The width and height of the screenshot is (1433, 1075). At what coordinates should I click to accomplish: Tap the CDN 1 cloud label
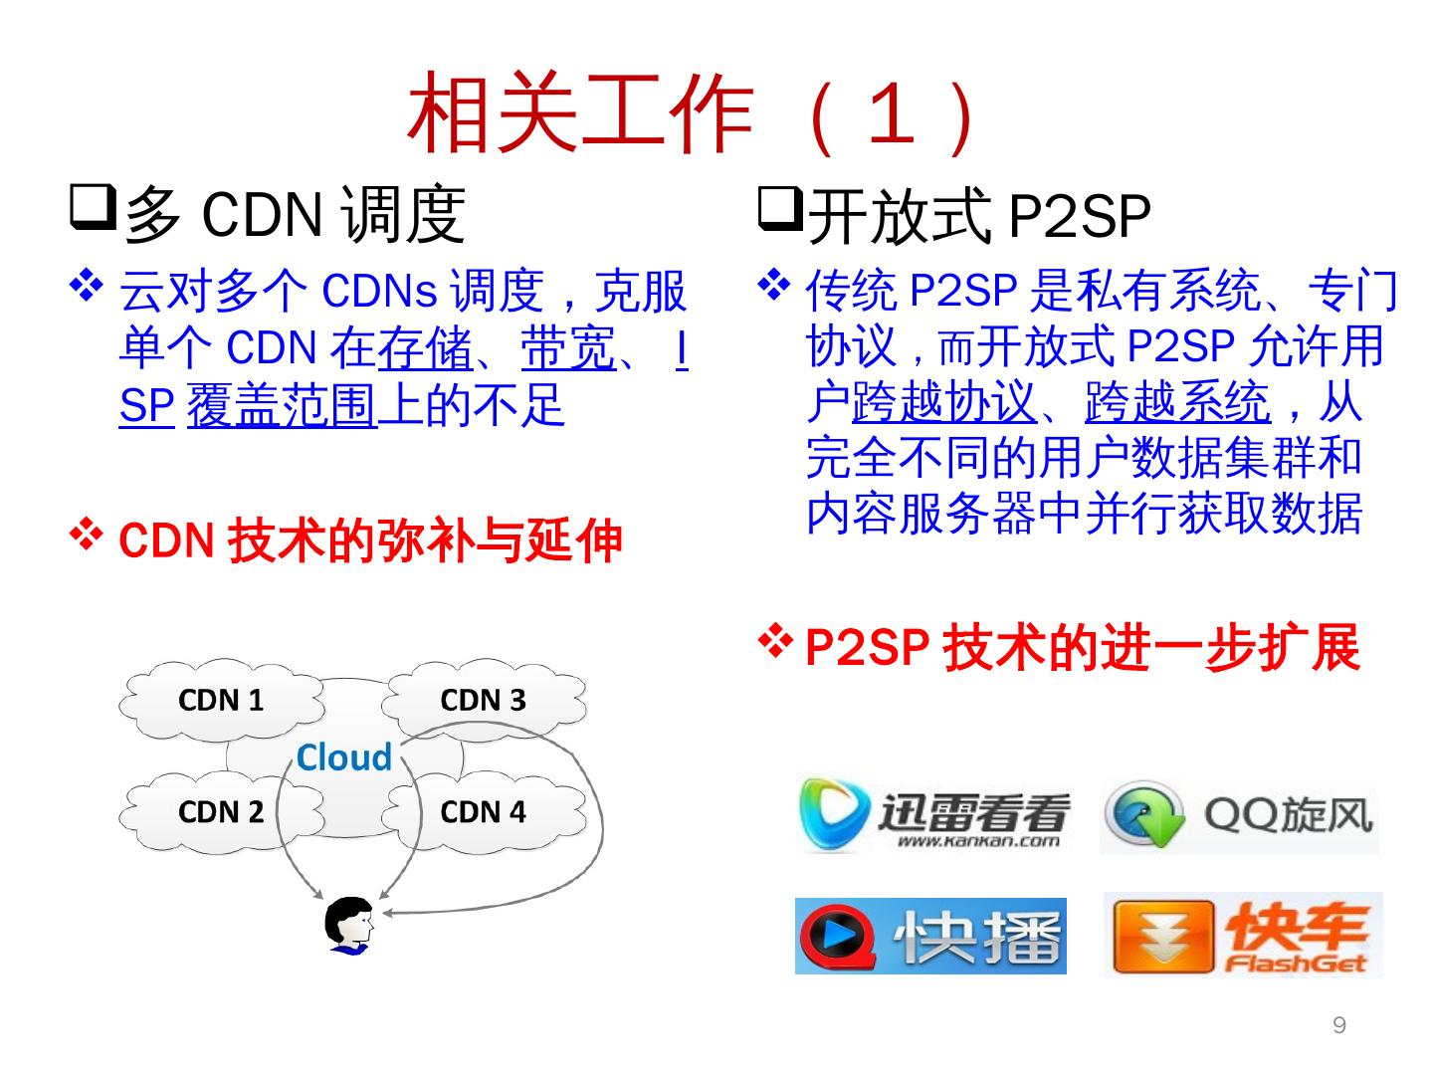(221, 700)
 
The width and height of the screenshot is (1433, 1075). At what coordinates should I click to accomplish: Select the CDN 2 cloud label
(221, 811)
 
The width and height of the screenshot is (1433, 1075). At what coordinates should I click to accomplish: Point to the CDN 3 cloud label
(483, 700)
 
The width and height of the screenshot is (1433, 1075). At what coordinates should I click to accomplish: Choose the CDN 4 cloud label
(483, 811)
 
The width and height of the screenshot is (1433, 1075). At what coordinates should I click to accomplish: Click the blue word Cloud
(344, 757)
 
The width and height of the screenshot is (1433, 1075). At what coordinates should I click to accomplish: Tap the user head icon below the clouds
(349, 926)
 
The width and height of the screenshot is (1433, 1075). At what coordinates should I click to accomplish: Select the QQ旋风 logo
(1240, 816)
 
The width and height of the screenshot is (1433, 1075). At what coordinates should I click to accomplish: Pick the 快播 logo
(930, 936)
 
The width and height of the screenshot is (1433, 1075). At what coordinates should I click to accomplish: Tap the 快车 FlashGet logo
(1243, 936)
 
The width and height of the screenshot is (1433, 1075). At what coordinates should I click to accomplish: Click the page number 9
(1339, 1025)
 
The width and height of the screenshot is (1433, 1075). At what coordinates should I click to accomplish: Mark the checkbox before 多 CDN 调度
(94, 207)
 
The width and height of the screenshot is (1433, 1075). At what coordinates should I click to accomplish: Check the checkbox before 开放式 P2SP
(780, 207)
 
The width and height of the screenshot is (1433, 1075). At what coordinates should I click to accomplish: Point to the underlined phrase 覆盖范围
(282, 405)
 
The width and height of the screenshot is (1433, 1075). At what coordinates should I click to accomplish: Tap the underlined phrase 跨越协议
(943, 402)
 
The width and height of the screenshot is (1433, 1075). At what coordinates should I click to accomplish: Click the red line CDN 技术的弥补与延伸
(370, 540)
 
